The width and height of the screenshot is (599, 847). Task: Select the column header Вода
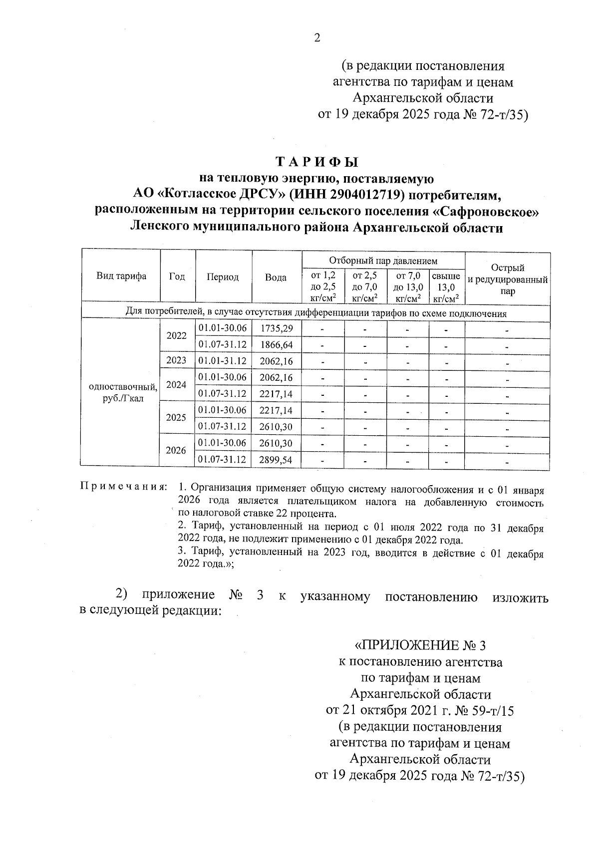pyautogui.click(x=276, y=278)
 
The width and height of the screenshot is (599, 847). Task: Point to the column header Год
pyautogui.click(x=177, y=277)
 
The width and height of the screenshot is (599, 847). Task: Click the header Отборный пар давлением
pyautogui.click(x=383, y=261)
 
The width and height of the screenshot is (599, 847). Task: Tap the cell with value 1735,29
pyautogui.click(x=276, y=328)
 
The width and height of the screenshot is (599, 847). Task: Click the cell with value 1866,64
pyautogui.click(x=276, y=345)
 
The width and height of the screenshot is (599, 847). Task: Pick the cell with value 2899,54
pyautogui.click(x=276, y=460)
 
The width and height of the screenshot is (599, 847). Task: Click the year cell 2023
pyautogui.click(x=176, y=361)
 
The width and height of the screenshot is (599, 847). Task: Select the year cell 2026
pyautogui.click(x=176, y=451)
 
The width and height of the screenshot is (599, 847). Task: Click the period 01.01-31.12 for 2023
pyautogui.click(x=223, y=361)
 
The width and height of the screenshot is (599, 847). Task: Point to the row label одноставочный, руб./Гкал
pyautogui.click(x=123, y=393)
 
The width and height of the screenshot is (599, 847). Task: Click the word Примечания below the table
pyautogui.click(x=123, y=487)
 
